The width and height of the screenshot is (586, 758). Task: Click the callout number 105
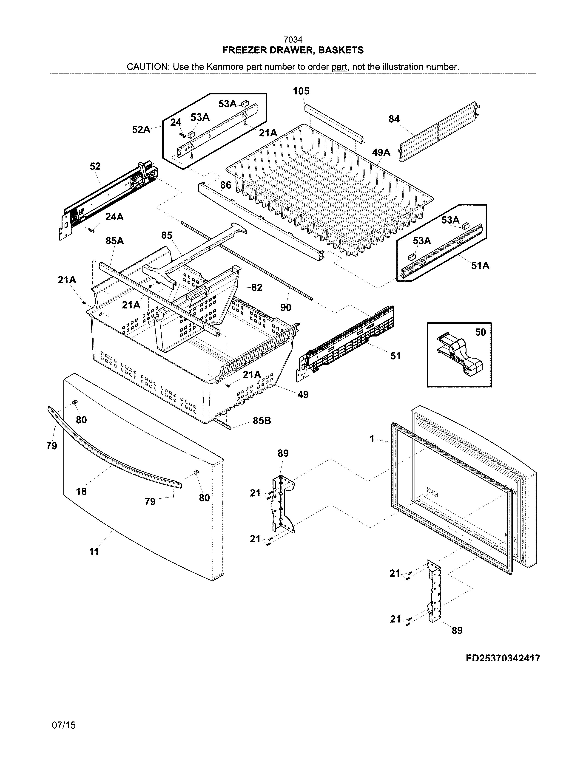pyautogui.click(x=301, y=91)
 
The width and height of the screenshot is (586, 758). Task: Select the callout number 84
pyautogui.click(x=394, y=119)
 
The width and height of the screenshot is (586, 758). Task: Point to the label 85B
pyautogui.click(x=262, y=421)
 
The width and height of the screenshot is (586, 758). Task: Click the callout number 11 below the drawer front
pyautogui.click(x=94, y=552)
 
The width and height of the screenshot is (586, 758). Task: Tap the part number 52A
pyautogui.click(x=141, y=130)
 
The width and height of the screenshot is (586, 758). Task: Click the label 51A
pyautogui.click(x=480, y=266)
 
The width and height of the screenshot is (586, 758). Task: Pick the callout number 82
pyautogui.click(x=256, y=287)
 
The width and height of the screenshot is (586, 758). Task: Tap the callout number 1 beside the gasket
pyautogui.click(x=372, y=439)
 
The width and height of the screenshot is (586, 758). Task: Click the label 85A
pyautogui.click(x=115, y=240)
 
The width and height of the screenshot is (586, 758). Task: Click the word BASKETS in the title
pyautogui.click(x=341, y=50)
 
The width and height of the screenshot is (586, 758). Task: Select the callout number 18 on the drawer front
pyautogui.click(x=81, y=491)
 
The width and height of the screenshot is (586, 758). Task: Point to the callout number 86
pyautogui.click(x=226, y=185)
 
